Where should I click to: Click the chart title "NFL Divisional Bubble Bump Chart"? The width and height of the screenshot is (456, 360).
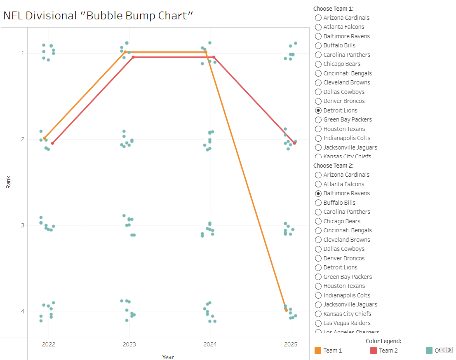98,16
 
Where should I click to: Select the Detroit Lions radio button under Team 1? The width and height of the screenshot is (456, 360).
318,110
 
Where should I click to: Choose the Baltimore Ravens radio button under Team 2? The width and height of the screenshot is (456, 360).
318,193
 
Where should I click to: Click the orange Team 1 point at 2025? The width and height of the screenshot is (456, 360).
286,310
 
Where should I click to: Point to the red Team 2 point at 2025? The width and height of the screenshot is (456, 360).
294,143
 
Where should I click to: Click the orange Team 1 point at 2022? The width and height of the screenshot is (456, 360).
45,138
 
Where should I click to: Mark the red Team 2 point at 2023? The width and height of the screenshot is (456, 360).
133,57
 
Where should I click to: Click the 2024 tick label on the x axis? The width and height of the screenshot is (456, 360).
210,344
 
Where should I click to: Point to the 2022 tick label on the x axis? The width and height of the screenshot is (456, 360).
49,344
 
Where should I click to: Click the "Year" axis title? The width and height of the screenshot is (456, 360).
168,357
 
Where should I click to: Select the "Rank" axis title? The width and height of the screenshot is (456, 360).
8,182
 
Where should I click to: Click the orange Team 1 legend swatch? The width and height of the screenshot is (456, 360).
318,351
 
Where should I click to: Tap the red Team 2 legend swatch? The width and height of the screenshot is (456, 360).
374,351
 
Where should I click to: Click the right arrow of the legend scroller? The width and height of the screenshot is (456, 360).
449,350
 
